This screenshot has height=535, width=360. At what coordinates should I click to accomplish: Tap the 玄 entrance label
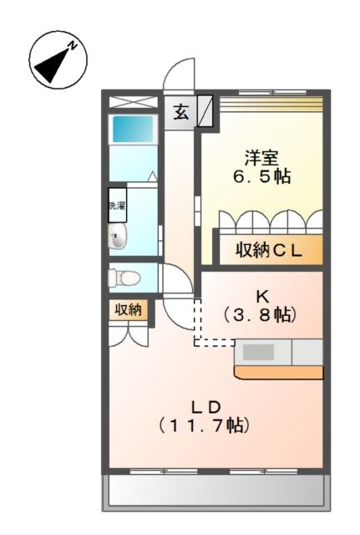pyautogui.click(x=181, y=110)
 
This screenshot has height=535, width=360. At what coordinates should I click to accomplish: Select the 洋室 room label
pyautogui.click(x=261, y=157)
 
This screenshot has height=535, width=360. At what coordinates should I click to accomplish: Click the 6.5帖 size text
pyautogui.click(x=261, y=177)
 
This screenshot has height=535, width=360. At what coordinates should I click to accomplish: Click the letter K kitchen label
pyautogui.click(x=261, y=295)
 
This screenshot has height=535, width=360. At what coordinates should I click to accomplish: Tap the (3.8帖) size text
pyautogui.click(x=261, y=315)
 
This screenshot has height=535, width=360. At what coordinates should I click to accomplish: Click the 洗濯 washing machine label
pyautogui.click(x=116, y=206)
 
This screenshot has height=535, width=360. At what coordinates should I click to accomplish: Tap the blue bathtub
pyautogui.click(x=133, y=130)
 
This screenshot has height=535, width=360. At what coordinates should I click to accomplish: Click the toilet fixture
pyautogui.click(x=124, y=276)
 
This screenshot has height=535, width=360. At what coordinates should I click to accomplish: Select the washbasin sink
pyautogui.click(x=117, y=237)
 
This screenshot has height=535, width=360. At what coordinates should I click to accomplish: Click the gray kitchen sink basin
pyautogui.click(x=259, y=352)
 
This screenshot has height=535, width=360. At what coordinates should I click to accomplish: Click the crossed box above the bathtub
pyautogui.click(x=133, y=102)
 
